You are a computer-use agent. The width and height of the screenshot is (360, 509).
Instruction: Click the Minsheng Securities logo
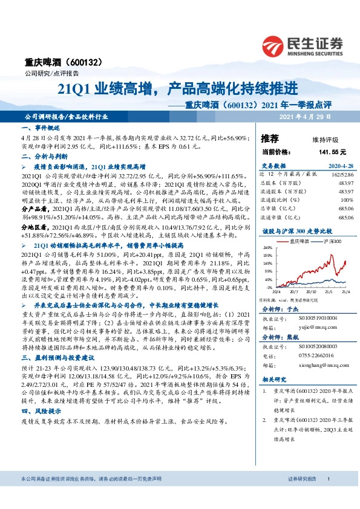click(x=302, y=44)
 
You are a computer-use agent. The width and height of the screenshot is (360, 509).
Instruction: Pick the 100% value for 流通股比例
click(x=345, y=198)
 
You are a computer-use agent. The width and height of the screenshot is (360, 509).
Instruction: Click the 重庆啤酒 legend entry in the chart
click(x=296, y=241)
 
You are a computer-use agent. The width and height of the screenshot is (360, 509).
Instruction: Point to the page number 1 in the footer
click(x=328, y=496)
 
